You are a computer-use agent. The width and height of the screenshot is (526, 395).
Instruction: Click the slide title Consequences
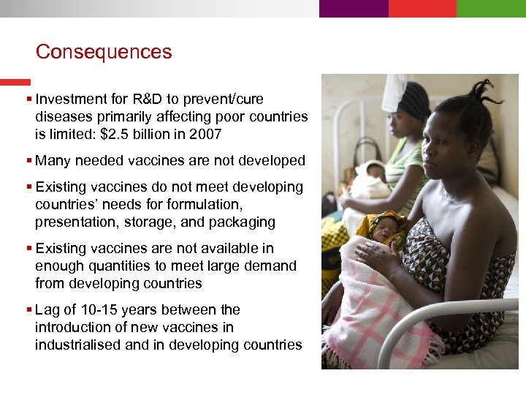pos(104,53)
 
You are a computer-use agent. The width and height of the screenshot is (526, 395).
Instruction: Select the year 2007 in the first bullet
pos(205,134)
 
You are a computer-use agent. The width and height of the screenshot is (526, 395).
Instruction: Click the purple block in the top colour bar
pos(354,8)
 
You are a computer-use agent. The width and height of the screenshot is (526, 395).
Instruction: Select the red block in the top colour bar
pos(422,8)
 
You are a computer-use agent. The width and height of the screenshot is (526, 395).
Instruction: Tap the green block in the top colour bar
pos(491,8)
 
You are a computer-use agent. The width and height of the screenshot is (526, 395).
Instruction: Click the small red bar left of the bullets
pos(15,82)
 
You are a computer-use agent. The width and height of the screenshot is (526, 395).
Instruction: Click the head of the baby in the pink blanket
pos(388,228)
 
